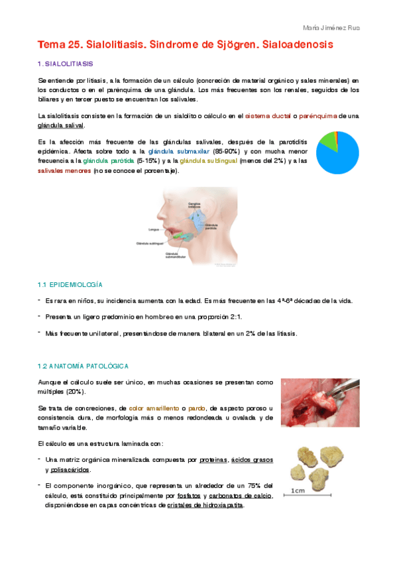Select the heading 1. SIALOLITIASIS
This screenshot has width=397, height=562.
(x=66, y=64)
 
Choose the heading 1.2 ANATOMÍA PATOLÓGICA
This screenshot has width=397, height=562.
(x=83, y=366)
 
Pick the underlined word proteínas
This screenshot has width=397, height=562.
(x=211, y=459)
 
